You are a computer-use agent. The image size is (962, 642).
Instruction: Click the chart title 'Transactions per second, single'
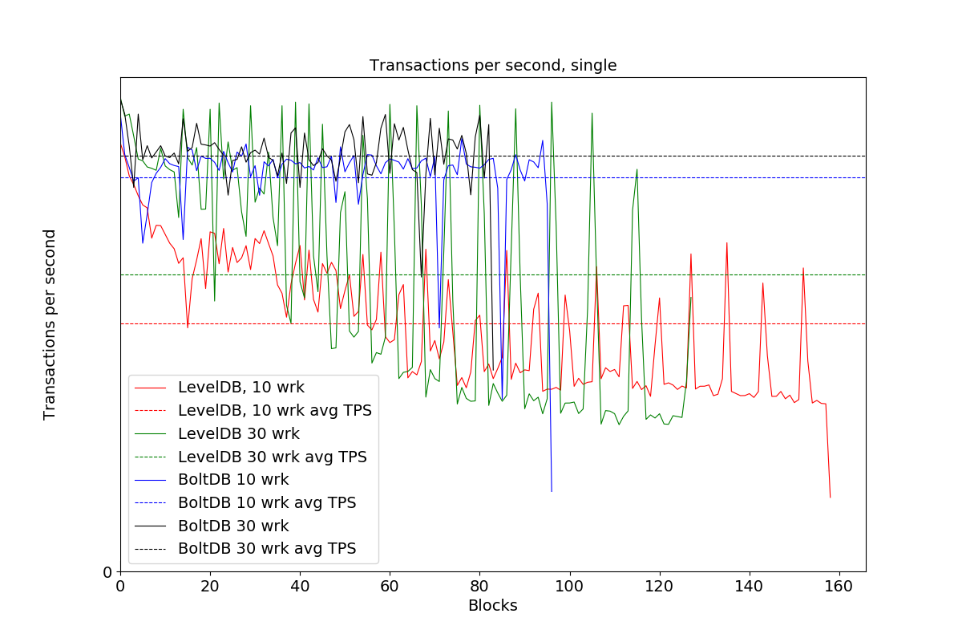point(492,66)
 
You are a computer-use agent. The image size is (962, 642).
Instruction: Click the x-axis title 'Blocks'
point(492,606)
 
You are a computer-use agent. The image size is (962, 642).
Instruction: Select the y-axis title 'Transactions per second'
point(50,324)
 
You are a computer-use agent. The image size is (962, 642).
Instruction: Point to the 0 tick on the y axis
point(107,572)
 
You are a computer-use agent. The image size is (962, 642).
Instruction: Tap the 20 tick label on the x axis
point(210,587)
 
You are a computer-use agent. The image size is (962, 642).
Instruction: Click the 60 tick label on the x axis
point(390,587)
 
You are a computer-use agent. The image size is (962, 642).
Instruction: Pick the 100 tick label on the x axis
point(569,587)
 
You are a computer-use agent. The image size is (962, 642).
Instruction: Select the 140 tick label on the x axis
point(749,587)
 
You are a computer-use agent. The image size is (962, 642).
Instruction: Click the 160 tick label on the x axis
point(839,587)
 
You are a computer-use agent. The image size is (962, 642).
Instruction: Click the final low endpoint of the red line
point(830,498)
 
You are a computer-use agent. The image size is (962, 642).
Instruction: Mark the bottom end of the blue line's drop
point(552,491)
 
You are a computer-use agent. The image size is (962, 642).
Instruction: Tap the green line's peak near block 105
point(592,113)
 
